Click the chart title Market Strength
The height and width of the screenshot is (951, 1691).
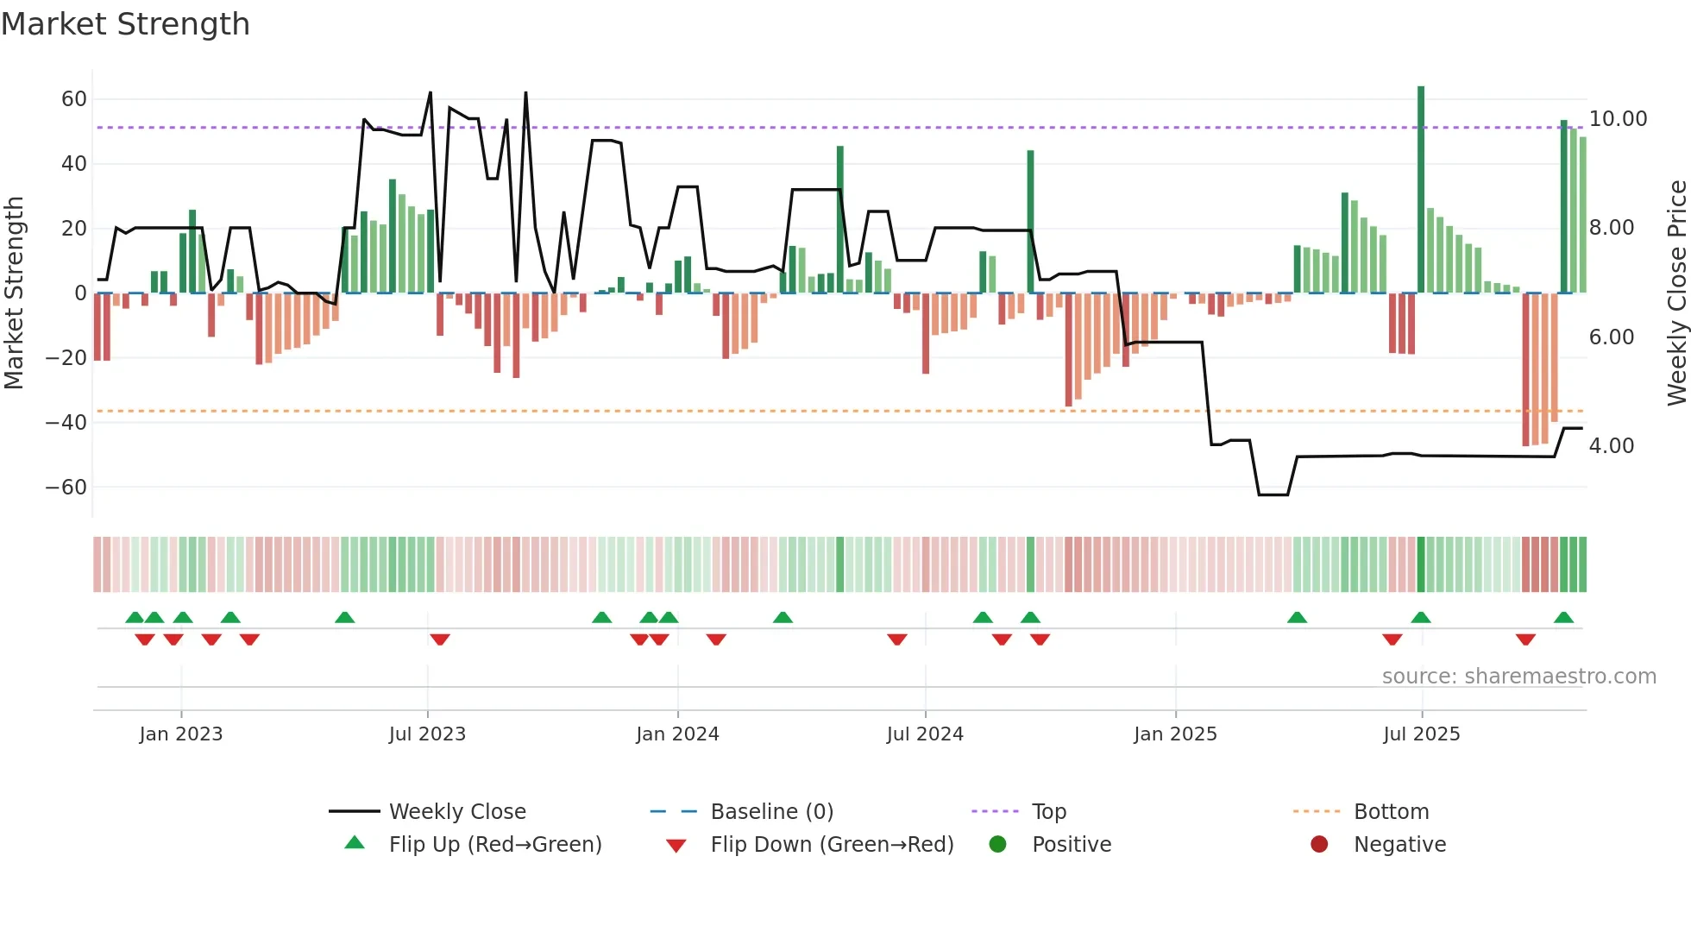(x=125, y=24)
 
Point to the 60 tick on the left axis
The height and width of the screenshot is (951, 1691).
(x=74, y=99)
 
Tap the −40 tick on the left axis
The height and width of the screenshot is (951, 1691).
(x=66, y=423)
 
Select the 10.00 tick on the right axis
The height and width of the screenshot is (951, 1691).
(x=1618, y=119)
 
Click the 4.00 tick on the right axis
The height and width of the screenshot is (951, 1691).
(x=1611, y=446)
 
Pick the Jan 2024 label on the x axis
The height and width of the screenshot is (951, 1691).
(x=677, y=734)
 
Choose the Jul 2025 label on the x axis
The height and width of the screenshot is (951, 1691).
(x=1421, y=734)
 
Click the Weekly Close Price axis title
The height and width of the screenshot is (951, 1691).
(x=1676, y=293)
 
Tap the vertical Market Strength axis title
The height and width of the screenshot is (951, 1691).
(x=14, y=293)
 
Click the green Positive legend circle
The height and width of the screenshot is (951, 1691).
(x=997, y=845)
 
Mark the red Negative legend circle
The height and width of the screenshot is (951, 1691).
(x=1319, y=845)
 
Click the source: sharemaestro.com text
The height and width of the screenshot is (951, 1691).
(x=1518, y=677)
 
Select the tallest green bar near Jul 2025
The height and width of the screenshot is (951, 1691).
(x=1421, y=190)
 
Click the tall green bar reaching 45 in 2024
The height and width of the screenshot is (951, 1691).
(x=840, y=220)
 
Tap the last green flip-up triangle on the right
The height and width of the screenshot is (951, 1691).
(x=1563, y=617)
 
